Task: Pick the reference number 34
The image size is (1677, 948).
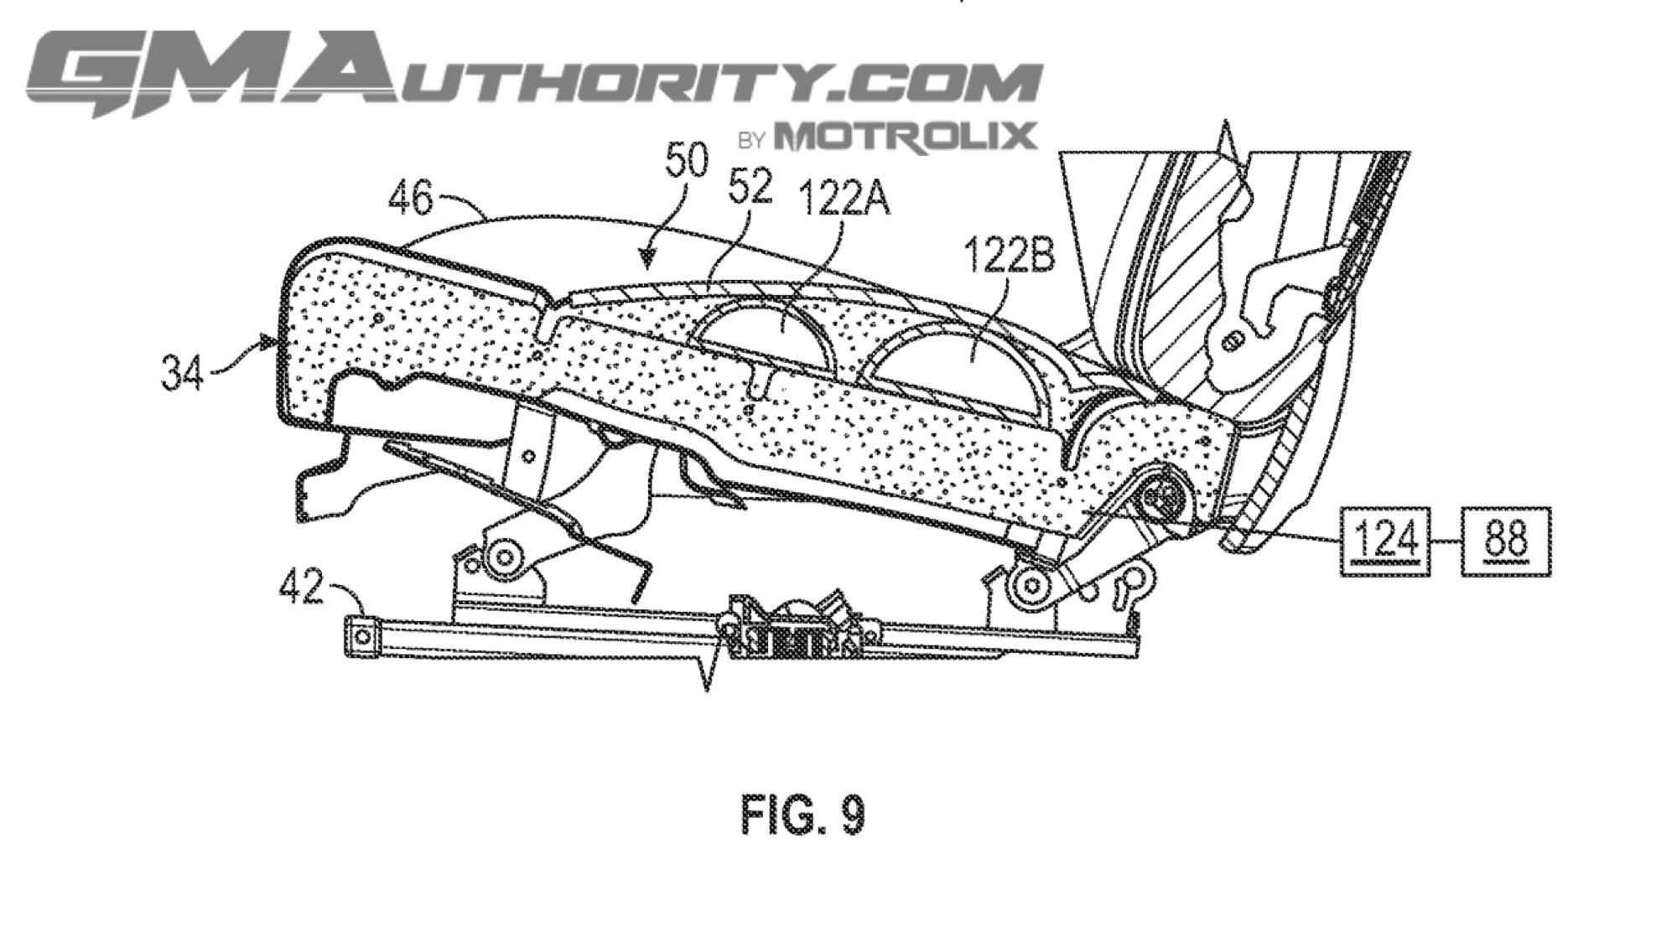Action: (x=182, y=373)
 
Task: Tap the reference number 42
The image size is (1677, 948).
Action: (x=300, y=587)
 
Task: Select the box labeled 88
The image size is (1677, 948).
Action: (x=1505, y=541)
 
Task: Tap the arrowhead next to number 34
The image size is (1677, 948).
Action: (x=269, y=341)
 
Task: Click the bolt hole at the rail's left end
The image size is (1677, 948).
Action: (x=362, y=637)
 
